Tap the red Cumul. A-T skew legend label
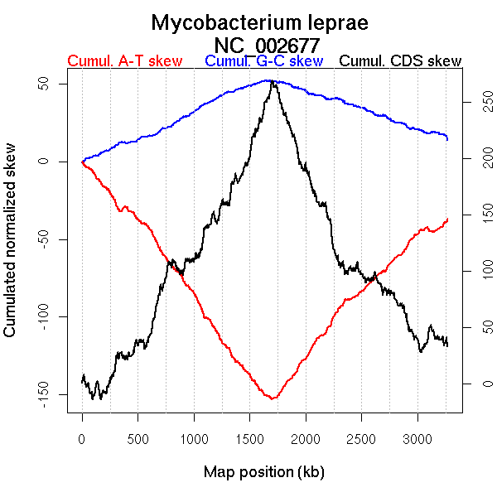124,61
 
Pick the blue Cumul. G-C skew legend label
263,61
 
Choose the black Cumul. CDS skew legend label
401,61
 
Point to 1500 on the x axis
249,439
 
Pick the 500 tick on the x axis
138,439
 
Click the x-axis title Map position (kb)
263,472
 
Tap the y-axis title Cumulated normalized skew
11,248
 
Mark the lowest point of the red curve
271,398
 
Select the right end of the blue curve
447,138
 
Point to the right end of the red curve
447,219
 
